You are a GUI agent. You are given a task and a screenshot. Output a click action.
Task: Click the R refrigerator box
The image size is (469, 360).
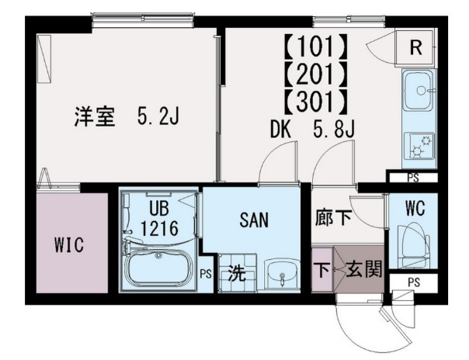pos(415,48)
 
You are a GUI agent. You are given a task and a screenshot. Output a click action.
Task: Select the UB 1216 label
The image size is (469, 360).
pos(160,219)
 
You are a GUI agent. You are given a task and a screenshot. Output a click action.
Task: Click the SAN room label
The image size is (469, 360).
pos(253,220)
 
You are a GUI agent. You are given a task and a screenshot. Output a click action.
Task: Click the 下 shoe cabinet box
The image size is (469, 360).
pos(321,269)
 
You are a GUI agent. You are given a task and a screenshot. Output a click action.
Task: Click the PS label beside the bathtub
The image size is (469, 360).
pos(205,272)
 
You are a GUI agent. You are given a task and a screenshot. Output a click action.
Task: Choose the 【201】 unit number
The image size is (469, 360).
pos(315,75)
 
